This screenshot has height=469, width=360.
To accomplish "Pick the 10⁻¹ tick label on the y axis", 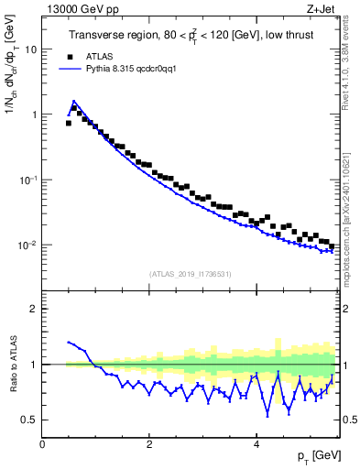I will click(x=30, y=180).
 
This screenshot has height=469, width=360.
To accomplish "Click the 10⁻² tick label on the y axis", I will click(x=30, y=245).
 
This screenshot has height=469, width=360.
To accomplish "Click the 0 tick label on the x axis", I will click(x=42, y=443).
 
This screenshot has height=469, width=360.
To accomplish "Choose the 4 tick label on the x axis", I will click(x=256, y=443).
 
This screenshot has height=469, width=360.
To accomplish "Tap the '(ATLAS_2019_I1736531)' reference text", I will click(x=191, y=274).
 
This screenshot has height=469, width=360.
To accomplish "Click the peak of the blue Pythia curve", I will click(x=73, y=102).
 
